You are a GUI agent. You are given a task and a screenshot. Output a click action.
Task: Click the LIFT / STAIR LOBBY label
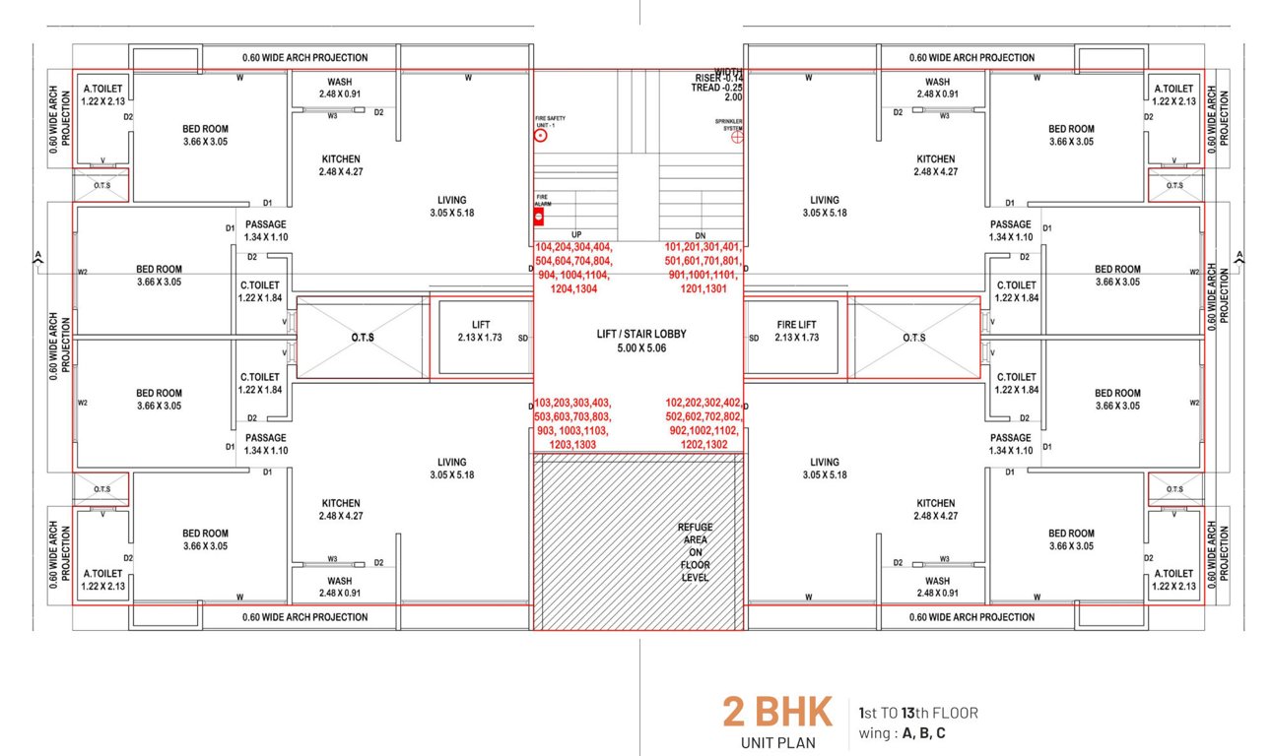pos(641,334)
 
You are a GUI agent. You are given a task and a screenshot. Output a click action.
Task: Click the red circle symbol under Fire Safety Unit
pos(540,137)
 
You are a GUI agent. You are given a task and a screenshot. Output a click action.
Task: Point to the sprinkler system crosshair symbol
pos(736,139)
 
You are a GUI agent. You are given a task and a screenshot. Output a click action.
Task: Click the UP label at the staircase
pos(576,234)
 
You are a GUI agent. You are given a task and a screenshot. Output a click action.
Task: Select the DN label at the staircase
pos(701,234)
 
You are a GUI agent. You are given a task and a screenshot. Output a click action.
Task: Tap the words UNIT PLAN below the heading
pos(778,742)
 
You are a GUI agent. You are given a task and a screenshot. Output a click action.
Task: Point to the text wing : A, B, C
pos(902,733)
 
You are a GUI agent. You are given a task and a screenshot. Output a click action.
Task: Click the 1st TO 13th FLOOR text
pos(917,713)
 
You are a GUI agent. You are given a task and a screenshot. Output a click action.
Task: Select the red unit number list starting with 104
pos(574,269)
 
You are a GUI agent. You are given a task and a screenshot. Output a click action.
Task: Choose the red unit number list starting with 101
pos(703,269)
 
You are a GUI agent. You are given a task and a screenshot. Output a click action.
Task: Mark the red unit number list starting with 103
pos(572,423)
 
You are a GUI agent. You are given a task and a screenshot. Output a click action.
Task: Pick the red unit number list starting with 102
pos(703,423)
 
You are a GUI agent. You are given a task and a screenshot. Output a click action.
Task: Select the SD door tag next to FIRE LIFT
pos(754,338)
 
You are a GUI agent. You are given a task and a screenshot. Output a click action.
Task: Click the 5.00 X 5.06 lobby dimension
pos(641,347)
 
